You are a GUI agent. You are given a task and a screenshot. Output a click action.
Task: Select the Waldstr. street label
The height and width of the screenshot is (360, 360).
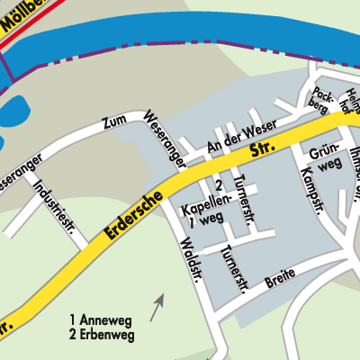click(190, 258)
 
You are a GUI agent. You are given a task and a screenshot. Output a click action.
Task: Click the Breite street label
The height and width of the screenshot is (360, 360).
click(280, 283)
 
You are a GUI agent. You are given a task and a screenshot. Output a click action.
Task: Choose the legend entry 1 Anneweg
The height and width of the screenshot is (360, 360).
click(101, 319)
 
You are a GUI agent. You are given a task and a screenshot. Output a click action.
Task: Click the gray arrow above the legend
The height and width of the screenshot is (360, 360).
click(157, 307)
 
